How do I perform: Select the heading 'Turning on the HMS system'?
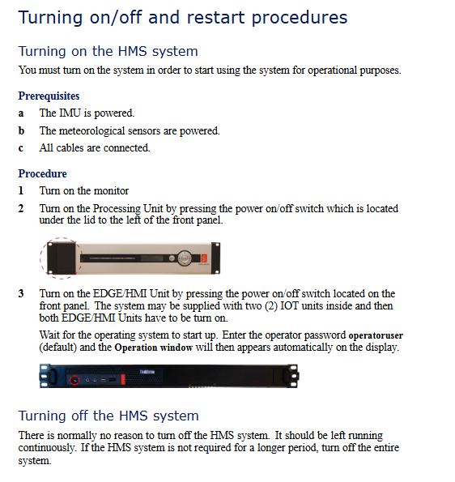click(108, 51)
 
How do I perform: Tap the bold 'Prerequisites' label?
click(49, 96)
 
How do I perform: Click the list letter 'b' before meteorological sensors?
click(21, 130)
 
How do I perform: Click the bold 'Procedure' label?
click(42, 173)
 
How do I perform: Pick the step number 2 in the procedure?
click(21, 208)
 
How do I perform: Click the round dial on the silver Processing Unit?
click(185, 258)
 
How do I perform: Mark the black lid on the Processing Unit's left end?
click(62, 258)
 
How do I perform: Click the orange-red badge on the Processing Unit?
click(204, 258)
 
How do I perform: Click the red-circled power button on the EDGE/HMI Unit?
click(74, 380)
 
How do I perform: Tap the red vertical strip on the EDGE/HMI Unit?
click(123, 379)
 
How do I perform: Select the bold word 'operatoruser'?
click(376, 335)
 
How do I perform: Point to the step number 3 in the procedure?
click(21, 293)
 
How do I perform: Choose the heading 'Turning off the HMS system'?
click(108, 416)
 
